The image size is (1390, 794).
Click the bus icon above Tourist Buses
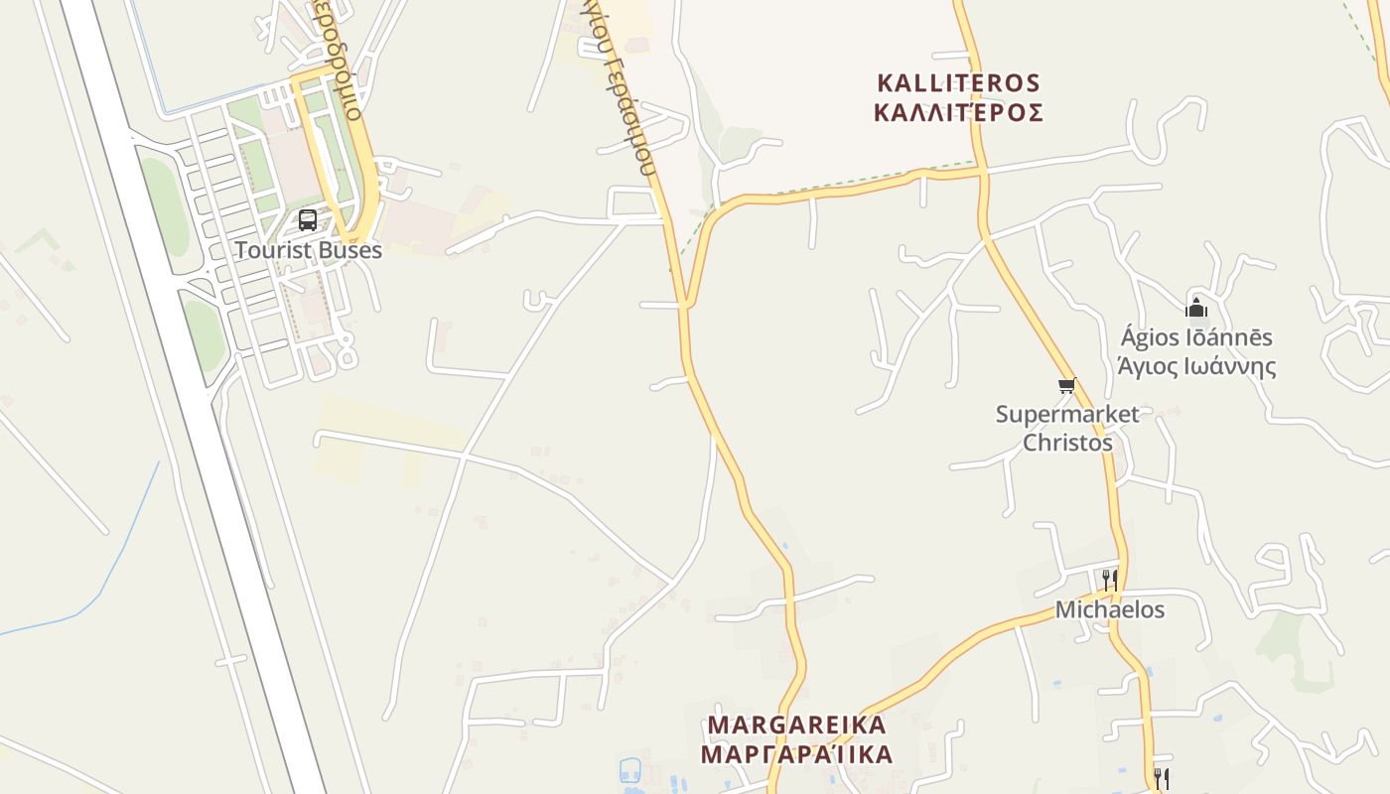coord(308,220)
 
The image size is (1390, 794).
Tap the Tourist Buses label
coord(308,250)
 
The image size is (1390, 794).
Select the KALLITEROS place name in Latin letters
coord(958,82)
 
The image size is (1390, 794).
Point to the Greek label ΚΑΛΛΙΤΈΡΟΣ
coord(958,112)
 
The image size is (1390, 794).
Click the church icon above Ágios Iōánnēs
coord(1196,307)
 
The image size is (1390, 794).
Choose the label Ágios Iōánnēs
coord(1196,337)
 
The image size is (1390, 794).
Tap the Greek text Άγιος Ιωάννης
coord(1196,366)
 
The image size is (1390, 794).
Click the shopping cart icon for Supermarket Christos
coord(1066,385)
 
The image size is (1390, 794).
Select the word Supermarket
coord(1067,414)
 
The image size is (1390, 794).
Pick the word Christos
coord(1067,443)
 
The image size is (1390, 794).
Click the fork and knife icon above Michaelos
coord(1109,579)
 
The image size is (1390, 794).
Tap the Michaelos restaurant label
coord(1109,609)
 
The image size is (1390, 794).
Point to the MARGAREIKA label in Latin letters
coord(795,725)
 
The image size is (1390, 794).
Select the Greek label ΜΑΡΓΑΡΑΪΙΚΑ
coord(795,754)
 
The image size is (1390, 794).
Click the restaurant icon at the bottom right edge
coord(1161,777)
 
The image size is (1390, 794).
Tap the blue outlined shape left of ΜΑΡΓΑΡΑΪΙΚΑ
coord(629,770)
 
